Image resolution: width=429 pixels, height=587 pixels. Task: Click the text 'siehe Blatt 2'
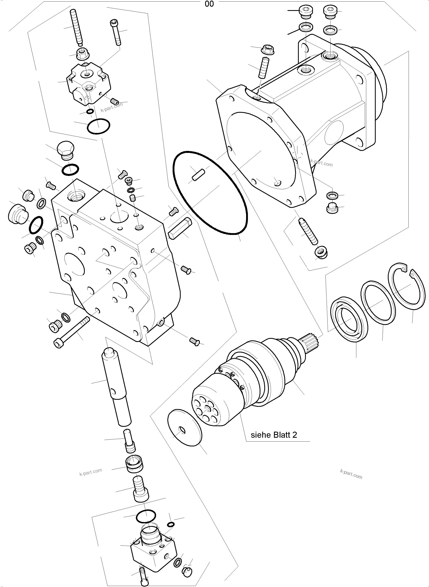[x=274, y=435]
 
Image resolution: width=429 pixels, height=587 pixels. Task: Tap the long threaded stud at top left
[x=76, y=27]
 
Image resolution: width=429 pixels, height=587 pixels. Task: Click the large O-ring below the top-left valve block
[x=98, y=126]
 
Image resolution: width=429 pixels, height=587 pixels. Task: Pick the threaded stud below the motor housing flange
[x=308, y=231]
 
